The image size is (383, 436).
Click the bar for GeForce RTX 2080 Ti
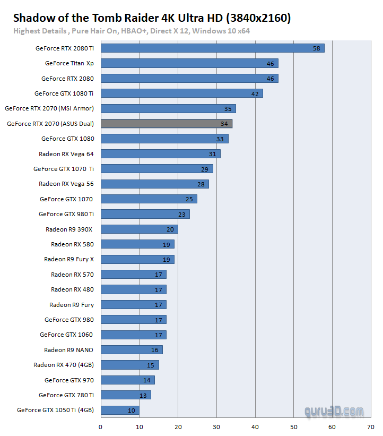(212, 48)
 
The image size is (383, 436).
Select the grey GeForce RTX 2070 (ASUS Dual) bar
(166, 124)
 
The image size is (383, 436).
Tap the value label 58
(316, 48)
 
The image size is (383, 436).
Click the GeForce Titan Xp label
(69, 63)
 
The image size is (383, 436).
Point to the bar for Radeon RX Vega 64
(160, 154)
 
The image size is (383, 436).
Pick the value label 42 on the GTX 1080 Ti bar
(255, 93)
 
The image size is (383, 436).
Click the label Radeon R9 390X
(69, 229)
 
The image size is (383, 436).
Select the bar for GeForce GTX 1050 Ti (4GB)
(120, 410)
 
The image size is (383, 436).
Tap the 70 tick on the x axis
(370, 426)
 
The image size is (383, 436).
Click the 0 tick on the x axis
(101, 426)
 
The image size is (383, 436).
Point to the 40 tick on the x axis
(255, 426)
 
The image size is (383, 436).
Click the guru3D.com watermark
(334, 411)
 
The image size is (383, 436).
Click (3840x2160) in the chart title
(258, 18)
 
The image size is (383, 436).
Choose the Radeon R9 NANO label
(68, 350)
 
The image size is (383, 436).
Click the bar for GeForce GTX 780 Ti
(126, 395)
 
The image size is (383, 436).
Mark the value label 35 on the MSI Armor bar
(228, 109)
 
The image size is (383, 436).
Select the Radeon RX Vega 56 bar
(154, 184)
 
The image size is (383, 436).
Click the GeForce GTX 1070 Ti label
(64, 169)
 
